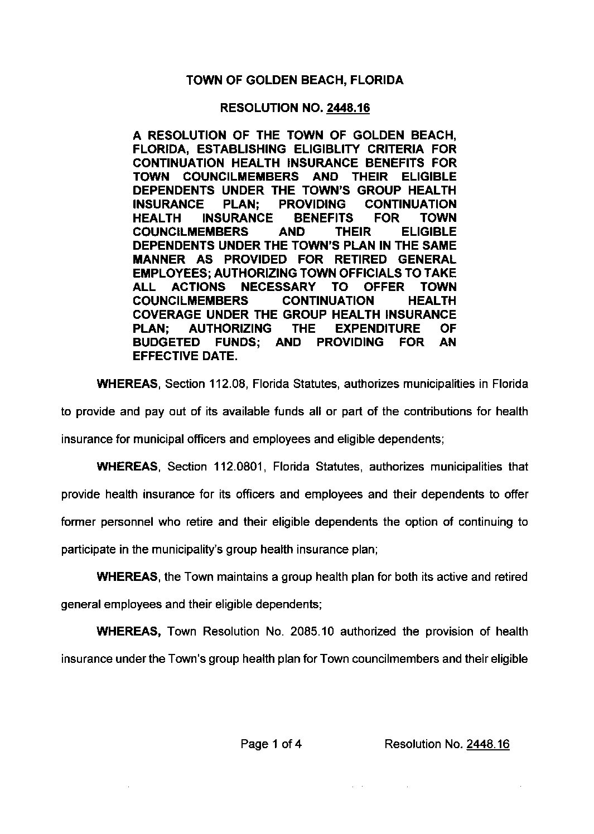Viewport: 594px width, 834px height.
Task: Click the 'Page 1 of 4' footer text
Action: (272, 744)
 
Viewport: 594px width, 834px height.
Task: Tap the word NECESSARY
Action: (278, 287)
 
